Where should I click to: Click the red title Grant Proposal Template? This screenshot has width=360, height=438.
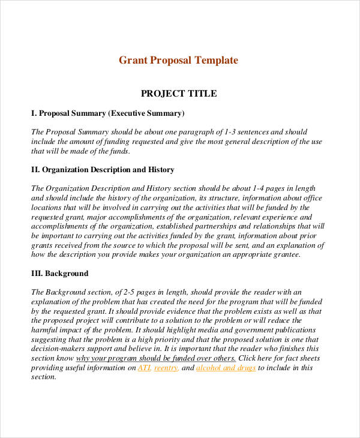click(178, 61)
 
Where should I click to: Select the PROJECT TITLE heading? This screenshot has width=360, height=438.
click(178, 94)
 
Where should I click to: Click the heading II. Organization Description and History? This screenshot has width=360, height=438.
click(103, 170)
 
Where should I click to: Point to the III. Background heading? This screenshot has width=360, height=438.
click(59, 274)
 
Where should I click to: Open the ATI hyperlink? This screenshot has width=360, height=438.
click(144, 368)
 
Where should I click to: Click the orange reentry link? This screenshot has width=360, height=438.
click(166, 368)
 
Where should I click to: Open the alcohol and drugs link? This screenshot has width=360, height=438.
click(226, 368)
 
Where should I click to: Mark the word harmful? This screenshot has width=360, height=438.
click(44, 330)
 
